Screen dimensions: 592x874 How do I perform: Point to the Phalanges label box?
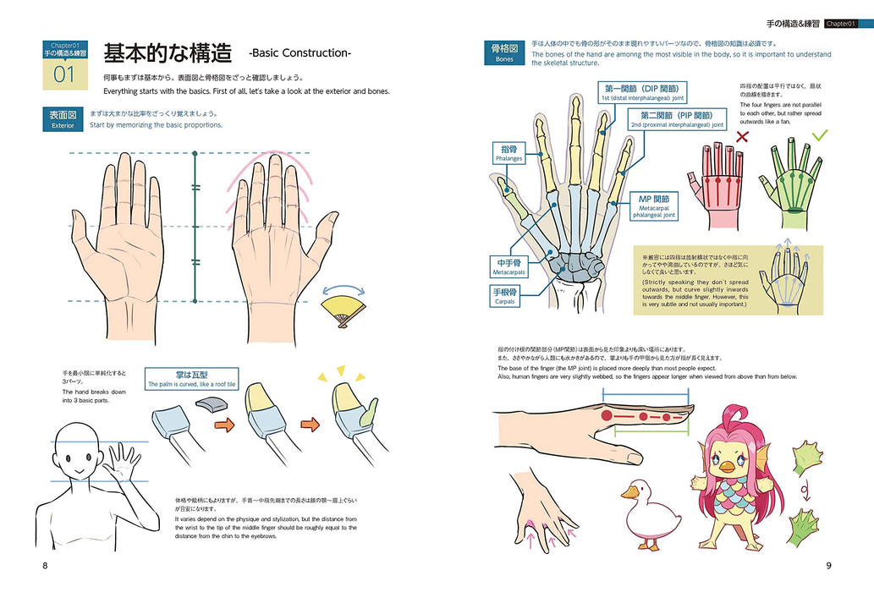click(509, 152)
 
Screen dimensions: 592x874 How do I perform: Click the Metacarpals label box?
click(510, 268)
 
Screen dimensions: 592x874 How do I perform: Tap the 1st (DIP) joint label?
click(642, 91)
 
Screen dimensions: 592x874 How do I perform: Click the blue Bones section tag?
click(504, 53)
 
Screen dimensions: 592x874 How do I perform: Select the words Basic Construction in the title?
click(300, 53)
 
